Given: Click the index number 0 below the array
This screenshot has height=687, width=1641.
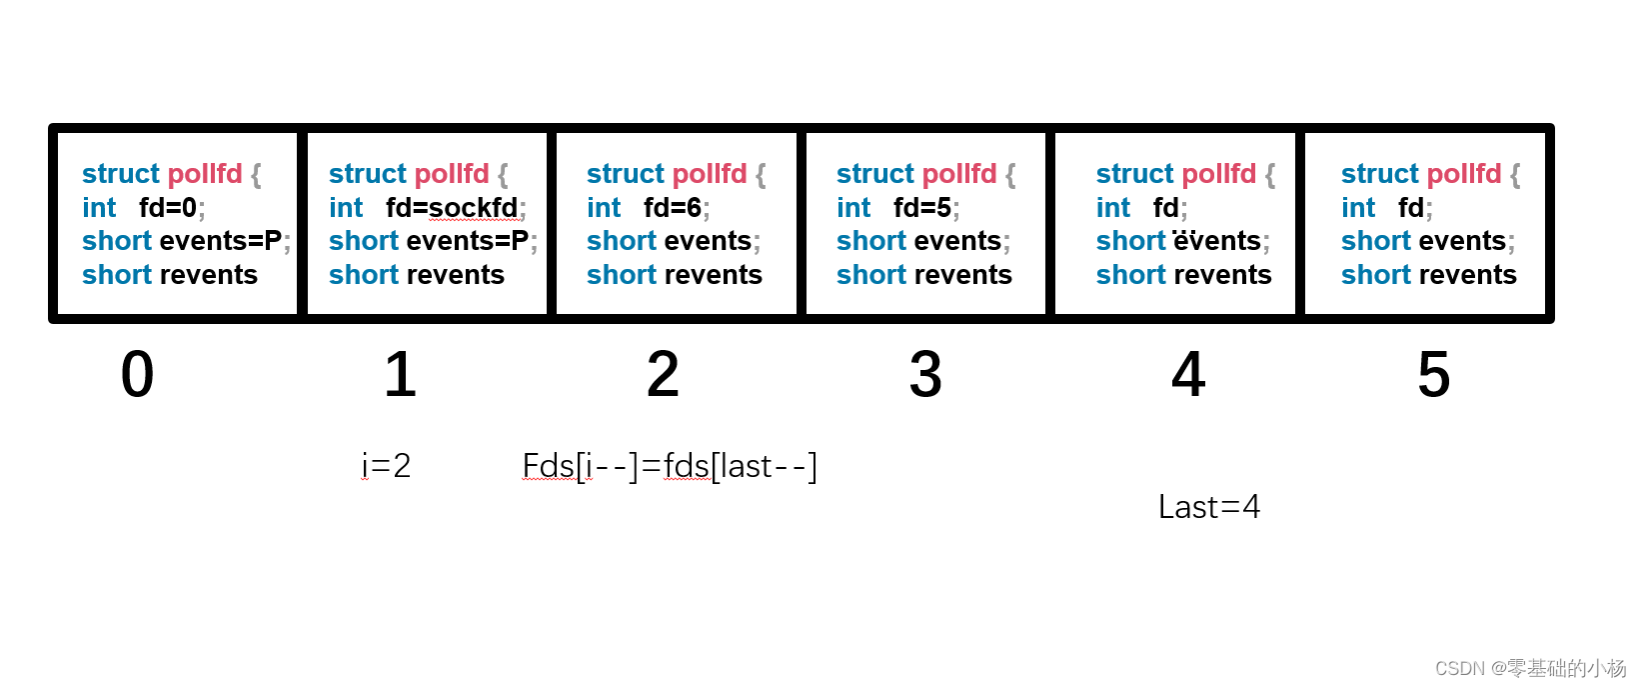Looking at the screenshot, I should click(137, 375).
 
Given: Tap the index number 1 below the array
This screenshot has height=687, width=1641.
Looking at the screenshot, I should click(400, 375).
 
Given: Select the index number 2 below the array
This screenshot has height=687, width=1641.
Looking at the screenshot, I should click(663, 375).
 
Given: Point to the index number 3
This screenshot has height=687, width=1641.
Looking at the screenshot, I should click(925, 375).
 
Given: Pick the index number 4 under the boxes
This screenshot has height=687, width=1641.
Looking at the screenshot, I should click(1188, 375).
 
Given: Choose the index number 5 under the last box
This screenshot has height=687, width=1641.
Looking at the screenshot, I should click(1434, 375).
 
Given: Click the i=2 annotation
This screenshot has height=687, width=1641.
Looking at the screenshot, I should click(386, 466).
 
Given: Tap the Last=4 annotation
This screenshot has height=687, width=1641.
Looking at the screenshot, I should click(1209, 507).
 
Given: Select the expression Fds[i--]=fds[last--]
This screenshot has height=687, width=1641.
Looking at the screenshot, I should click(670, 466).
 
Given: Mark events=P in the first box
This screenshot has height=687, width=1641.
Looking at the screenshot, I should click(223, 241).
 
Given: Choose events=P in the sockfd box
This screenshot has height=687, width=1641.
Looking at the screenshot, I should click(470, 241).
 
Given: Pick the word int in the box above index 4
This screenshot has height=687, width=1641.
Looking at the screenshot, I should click(1113, 208).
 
